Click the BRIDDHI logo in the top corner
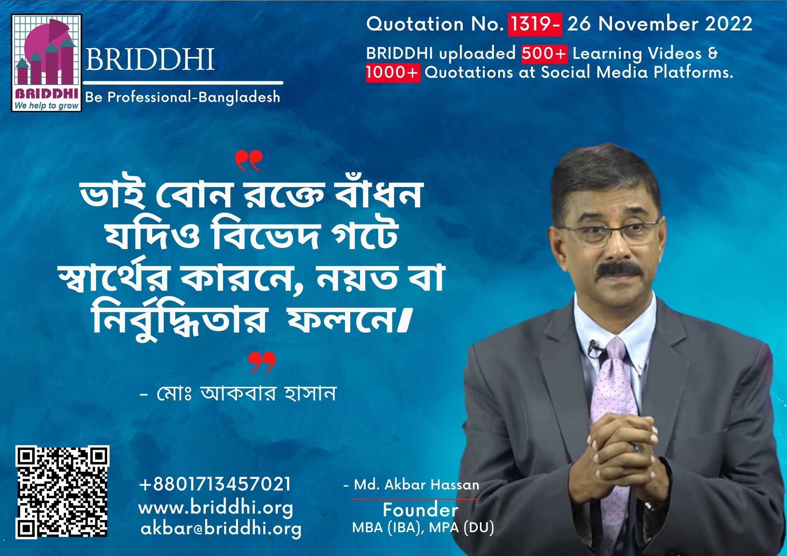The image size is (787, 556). tap(47, 63)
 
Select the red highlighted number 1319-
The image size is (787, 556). tap(535, 24)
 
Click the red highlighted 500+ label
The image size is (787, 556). tap(544, 54)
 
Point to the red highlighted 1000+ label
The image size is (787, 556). tap(393, 73)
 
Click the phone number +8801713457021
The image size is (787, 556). tap(215, 484)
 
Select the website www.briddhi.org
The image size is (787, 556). tap(216, 508)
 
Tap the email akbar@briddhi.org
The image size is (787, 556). tap(221, 529)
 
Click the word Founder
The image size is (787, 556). tap(420, 510)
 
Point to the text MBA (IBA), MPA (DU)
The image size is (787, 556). tap(423, 528)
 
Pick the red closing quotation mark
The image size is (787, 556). tap(262, 362)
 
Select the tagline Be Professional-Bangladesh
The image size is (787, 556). tap(183, 97)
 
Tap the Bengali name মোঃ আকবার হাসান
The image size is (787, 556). tap(238, 393)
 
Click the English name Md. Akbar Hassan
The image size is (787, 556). tap(411, 485)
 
